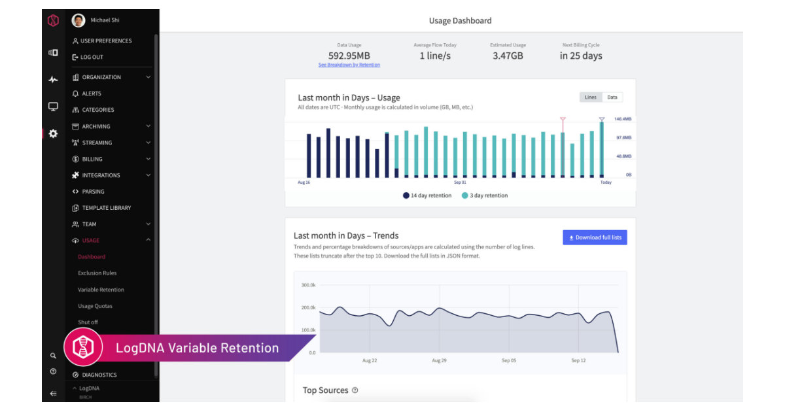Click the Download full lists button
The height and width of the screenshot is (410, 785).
pyautogui.click(x=595, y=237)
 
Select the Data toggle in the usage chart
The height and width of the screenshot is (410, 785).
pyautogui.click(x=612, y=97)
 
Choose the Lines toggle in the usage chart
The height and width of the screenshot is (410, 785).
pyautogui.click(x=590, y=97)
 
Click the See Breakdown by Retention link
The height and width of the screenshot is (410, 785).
pyautogui.click(x=349, y=65)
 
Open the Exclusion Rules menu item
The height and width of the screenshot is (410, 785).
pyautogui.click(x=97, y=273)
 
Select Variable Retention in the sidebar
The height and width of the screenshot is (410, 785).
pyautogui.click(x=101, y=290)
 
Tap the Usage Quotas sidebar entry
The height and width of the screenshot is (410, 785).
pyautogui.click(x=95, y=306)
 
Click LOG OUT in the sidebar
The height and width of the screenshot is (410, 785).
pyautogui.click(x=92, y=58)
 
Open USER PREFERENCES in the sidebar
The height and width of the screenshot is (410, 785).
pyautogui.click(x=105, y=41)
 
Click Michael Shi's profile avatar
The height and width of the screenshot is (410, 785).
pyautogui.click(x=78, y=20)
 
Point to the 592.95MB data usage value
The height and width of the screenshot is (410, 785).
pyautogui.click(x=349, y=56)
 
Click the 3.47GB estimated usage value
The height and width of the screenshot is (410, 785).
pyautogui.click(x=508, y=56)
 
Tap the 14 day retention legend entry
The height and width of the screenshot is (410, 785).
pyautogui.click(x=427, y=196)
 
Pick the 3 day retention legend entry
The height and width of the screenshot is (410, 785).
pyautogui.click(x=484, y=196)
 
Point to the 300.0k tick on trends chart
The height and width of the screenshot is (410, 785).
pyautogui.click(x=308, y=285)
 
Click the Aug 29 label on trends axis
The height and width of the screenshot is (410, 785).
pyautogui.click(x=439, y=360)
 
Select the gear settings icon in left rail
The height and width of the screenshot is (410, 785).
pyautogui.click(x=53, y=133)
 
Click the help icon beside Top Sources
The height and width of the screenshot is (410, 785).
pyautogui.click(x=355, y=390)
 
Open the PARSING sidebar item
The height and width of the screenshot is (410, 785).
pyautogui.click(x=93, y=192)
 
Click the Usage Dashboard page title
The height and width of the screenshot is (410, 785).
pyautogui.click(x=460, y=21)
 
